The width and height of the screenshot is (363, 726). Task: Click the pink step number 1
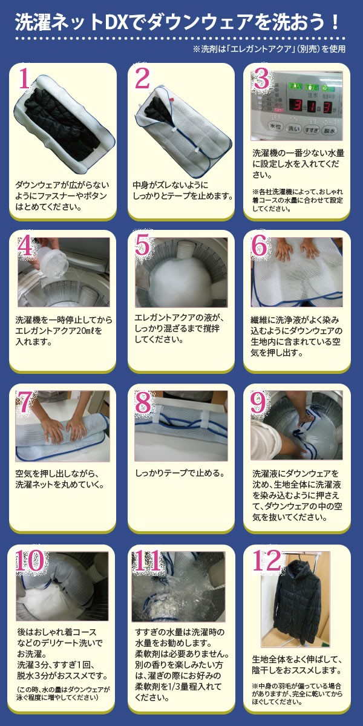pyautogui.click(x=25, y=79)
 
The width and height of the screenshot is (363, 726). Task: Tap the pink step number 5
pyautogui.click(x=142, y=246)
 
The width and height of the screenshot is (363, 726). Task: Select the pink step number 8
pyautogui.click(x=143, y=402)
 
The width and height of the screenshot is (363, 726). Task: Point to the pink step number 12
pyautogui.click(x=266, y=560)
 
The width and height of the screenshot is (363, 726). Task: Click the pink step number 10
pyautogui.click(x=30, y=560)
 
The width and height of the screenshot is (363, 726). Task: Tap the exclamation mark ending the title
pyautogui.click(x=335, y=22)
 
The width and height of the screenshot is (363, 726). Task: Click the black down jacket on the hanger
pyautogui.click(x=296, y=603)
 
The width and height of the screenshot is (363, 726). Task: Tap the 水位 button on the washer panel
pyautogui.click(x=275, y=126)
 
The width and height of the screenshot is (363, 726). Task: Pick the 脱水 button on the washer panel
pyautogui.click(x=329, y=130)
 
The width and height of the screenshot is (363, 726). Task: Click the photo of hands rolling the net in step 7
pyautogui.click(x=62, y=426)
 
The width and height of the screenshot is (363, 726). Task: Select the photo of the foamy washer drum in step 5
pyautogui.click(x=181, y=272)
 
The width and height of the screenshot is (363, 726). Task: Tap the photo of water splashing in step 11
pyautogui.click(x=178, y=586)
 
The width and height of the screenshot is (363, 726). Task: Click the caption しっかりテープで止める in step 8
pyautogui.click(x=180, y=473)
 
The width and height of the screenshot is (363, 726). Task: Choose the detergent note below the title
pyautogui.click(x=269, y=49)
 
